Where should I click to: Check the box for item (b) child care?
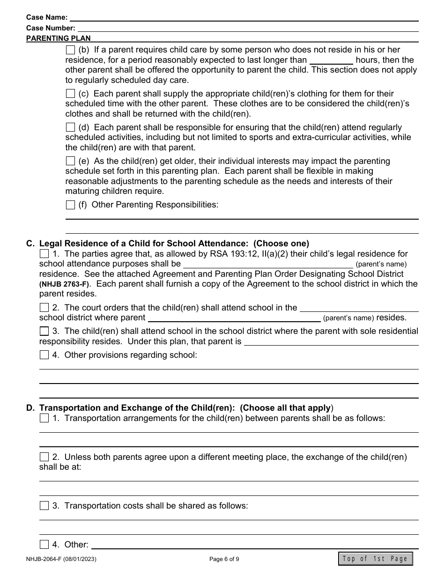click(70, 50)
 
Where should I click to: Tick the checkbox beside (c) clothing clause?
click(70, 94)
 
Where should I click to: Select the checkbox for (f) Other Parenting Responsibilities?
click(70, 205)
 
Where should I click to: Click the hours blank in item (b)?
click(331, 60)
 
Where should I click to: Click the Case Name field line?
click(244, 17)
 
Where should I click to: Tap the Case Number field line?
click(247, 28)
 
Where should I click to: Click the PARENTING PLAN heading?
click(59, 38)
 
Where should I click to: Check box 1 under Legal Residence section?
click(44, 254)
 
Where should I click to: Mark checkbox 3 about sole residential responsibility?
click(44, 331)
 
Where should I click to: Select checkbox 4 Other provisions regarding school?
click(44, 355)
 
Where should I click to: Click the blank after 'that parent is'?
click(331, 342)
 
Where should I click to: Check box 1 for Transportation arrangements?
click(44, 418)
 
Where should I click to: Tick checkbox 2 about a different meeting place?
click(44, 457)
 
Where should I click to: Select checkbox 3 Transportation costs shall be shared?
click(44, 506)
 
